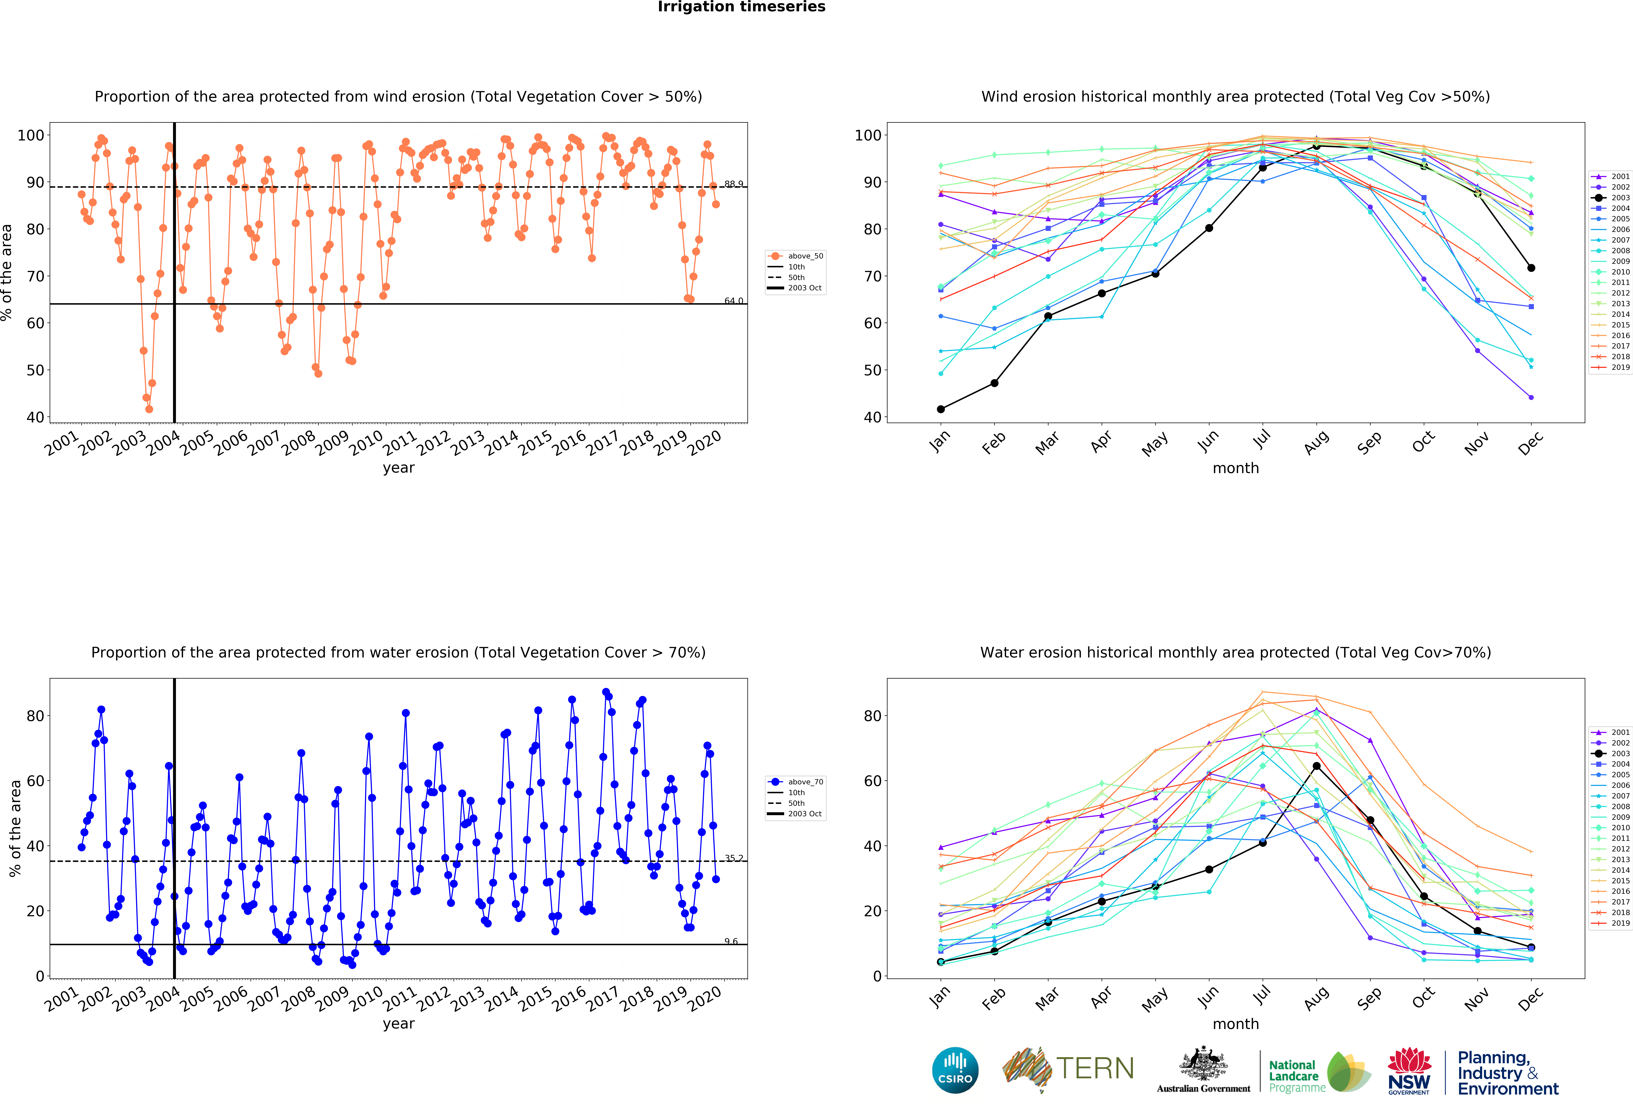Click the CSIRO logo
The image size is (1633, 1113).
[x=955, y=1070]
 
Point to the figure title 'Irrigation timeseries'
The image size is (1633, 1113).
[x=741, y=7]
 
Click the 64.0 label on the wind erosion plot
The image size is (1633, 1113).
[x=734, y=301]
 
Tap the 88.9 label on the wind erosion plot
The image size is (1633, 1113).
[x=734, y=184]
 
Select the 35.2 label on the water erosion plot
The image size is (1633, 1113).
[x=734, y=858]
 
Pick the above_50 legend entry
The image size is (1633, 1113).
[x=796, y=256]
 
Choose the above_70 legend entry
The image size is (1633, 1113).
[x=796, y=781]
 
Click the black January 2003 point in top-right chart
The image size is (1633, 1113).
[x=940, y=409]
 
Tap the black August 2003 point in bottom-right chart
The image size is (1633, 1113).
[x=1316, y=766]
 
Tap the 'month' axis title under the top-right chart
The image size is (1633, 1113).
[x=1235, y=468]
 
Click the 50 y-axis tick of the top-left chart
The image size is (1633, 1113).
[x=35, y=370]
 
